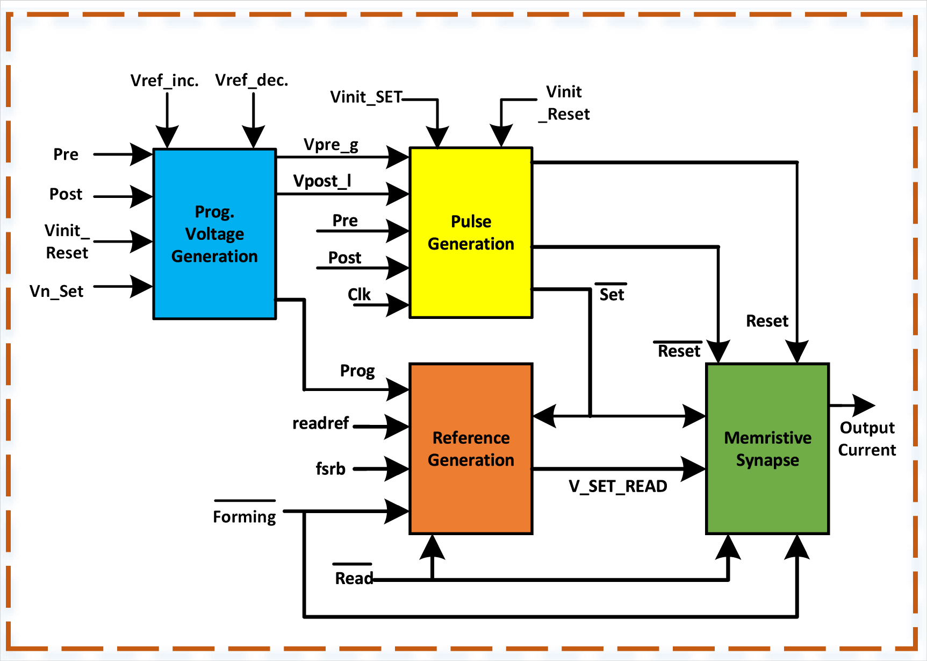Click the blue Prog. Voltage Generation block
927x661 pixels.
[x=214, y=234]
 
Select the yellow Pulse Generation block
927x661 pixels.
[x=471, y=233]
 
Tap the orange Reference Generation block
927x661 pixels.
[x=471, y=449]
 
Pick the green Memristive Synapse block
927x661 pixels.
[x=767, y=449]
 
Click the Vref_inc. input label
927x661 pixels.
[x=164, y=81]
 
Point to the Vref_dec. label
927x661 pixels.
[x=251, y=80]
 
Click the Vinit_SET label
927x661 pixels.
[x=366, y=97]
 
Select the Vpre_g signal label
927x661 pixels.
[x=330, y=145]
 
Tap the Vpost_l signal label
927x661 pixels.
[x=322, y=181]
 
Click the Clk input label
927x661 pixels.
[x=359, y=294]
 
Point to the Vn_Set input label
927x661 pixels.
[x=56, y=291]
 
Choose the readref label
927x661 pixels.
[x=320, y=423]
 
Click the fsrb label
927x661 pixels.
[x=330, y=468]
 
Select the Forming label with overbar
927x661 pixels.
[x=245, y=516]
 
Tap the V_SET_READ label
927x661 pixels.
[x=618, y=486]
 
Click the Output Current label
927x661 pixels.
[x=867, y=438]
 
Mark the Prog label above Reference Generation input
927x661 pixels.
[x=357, y=371]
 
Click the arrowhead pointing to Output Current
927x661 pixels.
[x=865, y=406]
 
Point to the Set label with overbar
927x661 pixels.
[x=612, y=294]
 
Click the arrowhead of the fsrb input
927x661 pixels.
[x=398, y=468]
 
